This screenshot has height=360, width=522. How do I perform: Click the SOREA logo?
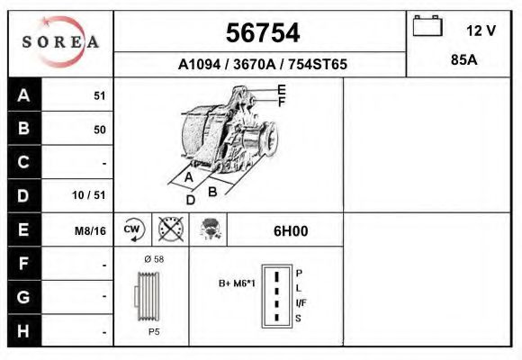(60, 42)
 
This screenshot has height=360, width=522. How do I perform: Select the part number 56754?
(261, 33)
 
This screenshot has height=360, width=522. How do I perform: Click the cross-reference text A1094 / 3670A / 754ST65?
(262, 65)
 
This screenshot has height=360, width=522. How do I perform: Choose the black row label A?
(24, 95)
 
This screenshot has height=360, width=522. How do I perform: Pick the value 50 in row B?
(99, 130)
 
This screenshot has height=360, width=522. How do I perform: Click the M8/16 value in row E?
(90, 230)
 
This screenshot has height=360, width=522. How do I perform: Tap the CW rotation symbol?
(133, 229)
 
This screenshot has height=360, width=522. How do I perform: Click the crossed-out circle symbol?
(170, 229)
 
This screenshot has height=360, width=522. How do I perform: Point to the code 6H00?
(291, 230)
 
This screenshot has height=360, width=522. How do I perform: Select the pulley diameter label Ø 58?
(152, 259)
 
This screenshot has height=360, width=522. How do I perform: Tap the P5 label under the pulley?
(153, 332)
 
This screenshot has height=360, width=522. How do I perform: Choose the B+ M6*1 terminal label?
(238, 283)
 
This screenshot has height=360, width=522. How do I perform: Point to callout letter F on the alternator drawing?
(282, 103)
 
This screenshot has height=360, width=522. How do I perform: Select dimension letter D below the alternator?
(190, 200)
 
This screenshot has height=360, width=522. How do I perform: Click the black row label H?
(24, 330)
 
